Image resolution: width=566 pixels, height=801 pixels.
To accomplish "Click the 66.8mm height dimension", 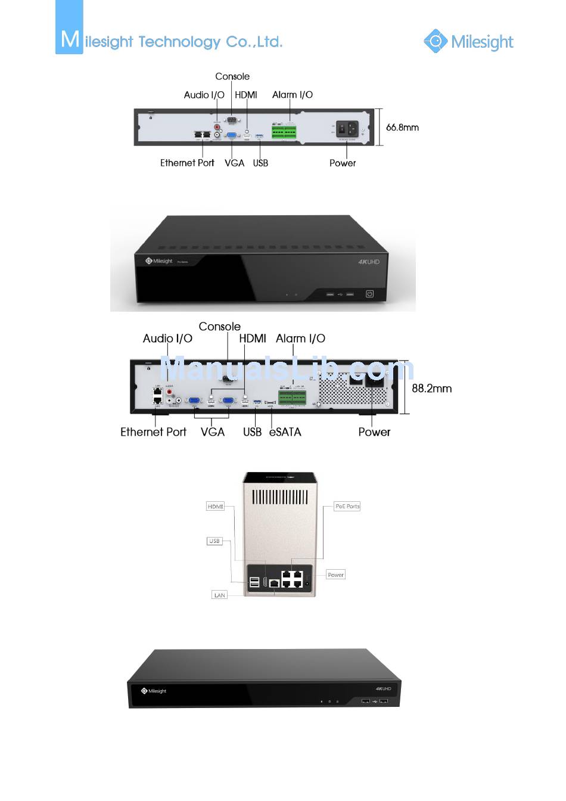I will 402,128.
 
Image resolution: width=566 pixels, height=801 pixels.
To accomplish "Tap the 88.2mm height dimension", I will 431,389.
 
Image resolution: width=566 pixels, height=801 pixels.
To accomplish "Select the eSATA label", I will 285,432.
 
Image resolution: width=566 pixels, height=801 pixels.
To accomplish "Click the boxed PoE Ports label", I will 347,507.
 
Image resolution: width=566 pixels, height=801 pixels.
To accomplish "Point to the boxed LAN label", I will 219,595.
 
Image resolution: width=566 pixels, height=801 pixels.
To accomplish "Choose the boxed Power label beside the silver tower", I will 335,575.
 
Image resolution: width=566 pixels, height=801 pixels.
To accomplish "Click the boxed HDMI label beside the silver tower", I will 215,507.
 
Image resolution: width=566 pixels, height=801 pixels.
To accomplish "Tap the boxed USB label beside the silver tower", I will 214,541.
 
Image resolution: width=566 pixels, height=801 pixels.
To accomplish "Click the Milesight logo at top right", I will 468,41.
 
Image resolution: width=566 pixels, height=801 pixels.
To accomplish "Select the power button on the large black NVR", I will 369,294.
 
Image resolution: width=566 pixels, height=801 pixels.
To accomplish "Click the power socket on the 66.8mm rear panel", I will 347,129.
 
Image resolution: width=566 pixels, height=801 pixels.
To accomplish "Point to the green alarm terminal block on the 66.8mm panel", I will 284,132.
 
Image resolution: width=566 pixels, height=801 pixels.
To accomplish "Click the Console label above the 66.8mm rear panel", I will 232,76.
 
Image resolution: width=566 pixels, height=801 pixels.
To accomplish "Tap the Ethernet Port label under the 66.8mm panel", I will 187,163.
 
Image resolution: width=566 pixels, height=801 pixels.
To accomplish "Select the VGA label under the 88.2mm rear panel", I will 213,432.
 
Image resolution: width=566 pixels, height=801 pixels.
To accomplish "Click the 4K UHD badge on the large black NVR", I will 368,262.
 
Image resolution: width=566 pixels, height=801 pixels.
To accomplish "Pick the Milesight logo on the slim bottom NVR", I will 154,691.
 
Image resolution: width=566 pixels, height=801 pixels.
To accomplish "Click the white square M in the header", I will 69,39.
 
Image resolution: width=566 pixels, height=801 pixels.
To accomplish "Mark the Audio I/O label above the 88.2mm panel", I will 167,339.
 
